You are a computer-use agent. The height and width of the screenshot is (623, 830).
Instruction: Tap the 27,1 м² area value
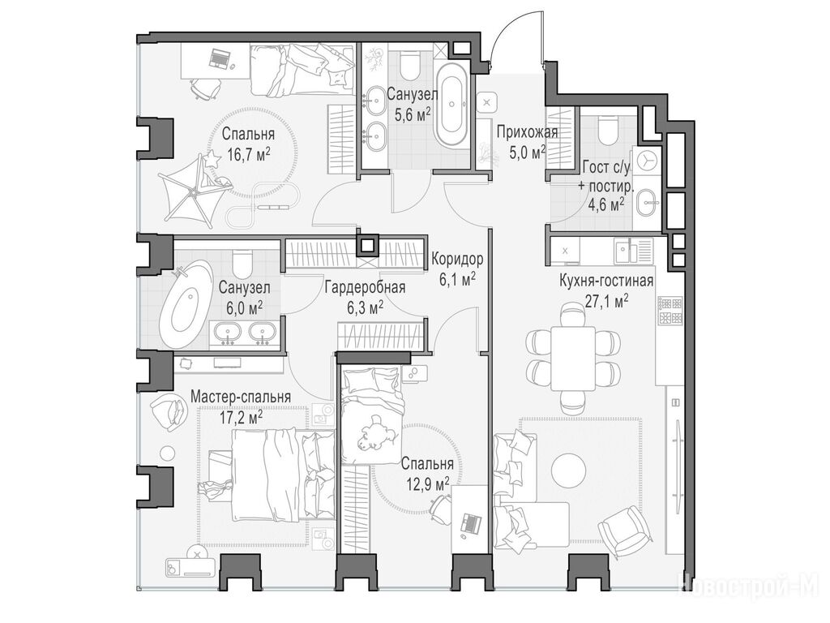click(606, 301)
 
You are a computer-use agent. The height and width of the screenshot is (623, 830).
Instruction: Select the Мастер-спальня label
click(240, 396)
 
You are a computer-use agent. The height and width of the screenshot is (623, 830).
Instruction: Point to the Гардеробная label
click(365, 287)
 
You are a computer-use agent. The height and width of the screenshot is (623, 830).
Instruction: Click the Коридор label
click(457, 259)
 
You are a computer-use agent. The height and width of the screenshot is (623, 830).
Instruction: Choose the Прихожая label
click(527, 132)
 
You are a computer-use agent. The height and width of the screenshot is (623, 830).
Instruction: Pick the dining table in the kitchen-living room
click(573, 358)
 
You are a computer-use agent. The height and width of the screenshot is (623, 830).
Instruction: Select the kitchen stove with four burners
click(670, 311)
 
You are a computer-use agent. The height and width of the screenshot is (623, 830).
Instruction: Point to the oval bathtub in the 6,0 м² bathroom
click(186, 306)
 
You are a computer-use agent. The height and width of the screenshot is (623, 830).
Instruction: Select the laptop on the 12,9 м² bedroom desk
click(471, 523)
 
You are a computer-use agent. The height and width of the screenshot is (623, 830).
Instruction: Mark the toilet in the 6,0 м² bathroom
click(243, 264)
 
